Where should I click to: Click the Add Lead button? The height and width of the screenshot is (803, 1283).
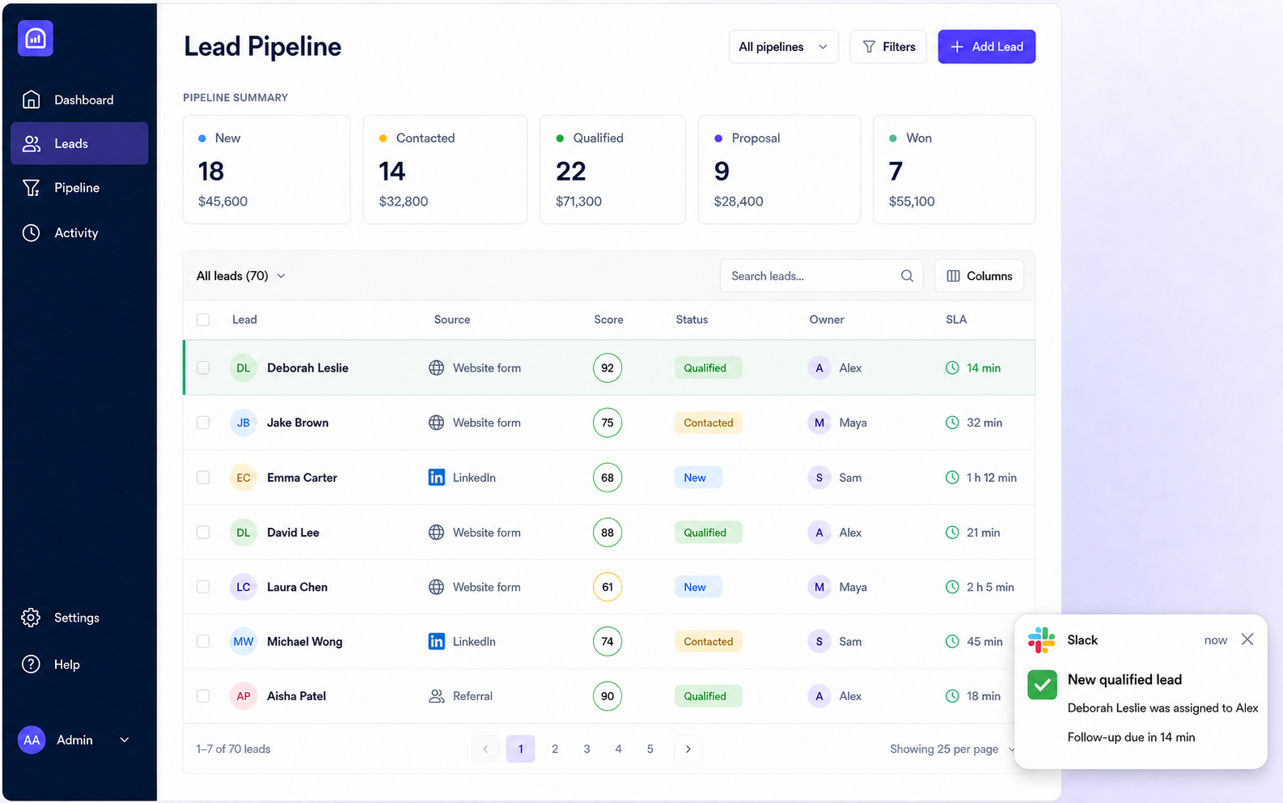986,46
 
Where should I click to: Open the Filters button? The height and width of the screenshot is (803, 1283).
887,46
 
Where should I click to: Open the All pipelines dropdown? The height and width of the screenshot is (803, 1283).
783,46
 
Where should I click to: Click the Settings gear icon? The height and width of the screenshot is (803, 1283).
31,618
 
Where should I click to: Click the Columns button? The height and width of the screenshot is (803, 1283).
979,276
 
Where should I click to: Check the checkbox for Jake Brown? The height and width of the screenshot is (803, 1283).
203,423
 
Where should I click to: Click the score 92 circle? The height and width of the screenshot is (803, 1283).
608,368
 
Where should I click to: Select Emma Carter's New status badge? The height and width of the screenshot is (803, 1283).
698,478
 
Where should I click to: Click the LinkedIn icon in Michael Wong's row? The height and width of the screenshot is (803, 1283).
437,641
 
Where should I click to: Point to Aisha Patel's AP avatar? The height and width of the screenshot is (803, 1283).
243,696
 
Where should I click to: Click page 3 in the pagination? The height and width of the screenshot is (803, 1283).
586,749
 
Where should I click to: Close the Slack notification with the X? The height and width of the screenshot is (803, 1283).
1247,639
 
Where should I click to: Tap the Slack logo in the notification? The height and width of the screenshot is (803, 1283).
1041,639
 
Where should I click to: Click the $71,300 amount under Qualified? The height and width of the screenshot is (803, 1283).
578,202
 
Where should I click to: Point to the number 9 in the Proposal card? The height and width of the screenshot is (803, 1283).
722,171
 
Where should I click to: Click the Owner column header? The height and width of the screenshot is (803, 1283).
827,319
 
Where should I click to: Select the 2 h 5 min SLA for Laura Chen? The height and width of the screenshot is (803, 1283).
990,587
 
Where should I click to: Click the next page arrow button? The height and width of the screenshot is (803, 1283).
688,749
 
